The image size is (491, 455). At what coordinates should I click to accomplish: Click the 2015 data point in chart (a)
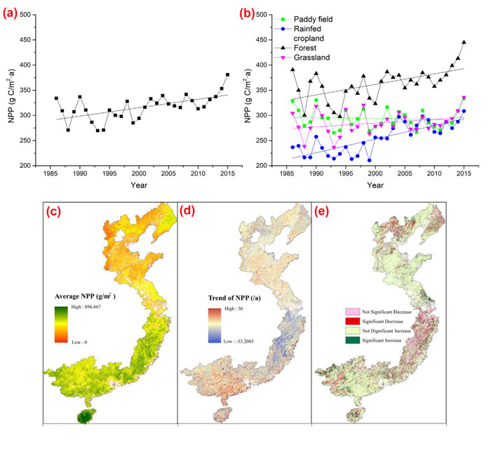(x=227, y=74)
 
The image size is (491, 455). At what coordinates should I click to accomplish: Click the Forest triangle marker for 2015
(x=464, y=42)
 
